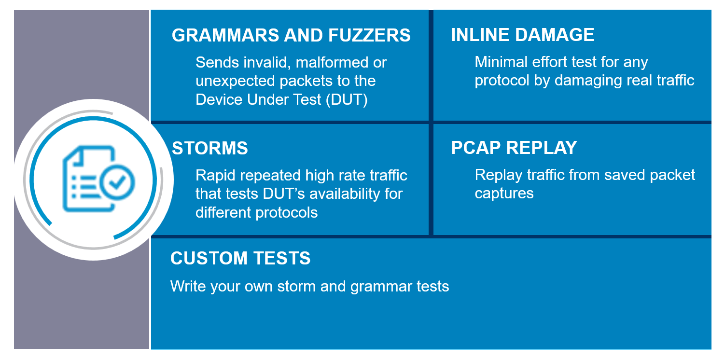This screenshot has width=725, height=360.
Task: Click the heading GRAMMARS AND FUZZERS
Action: click(x=291, y=35)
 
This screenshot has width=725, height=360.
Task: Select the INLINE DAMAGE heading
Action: click(x=522, y=35)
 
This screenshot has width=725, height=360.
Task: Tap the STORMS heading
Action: click(x=210, y=148)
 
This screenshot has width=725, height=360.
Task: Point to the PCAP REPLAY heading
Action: click(x=514, y=148)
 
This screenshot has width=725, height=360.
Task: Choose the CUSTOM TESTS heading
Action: click(x=240, y=258)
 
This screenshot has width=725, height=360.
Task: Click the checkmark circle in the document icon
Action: click(x=117, y=182)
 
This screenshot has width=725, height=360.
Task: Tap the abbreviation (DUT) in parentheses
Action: click(x=347, y=99)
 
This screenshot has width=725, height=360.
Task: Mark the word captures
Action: click(x=504, y=194)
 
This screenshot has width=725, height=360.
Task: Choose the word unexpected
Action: click(x=235, y=81)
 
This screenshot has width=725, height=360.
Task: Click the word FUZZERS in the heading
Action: click(x=369, y=35)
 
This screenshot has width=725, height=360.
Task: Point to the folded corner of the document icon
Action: click(x=76, y=156)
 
